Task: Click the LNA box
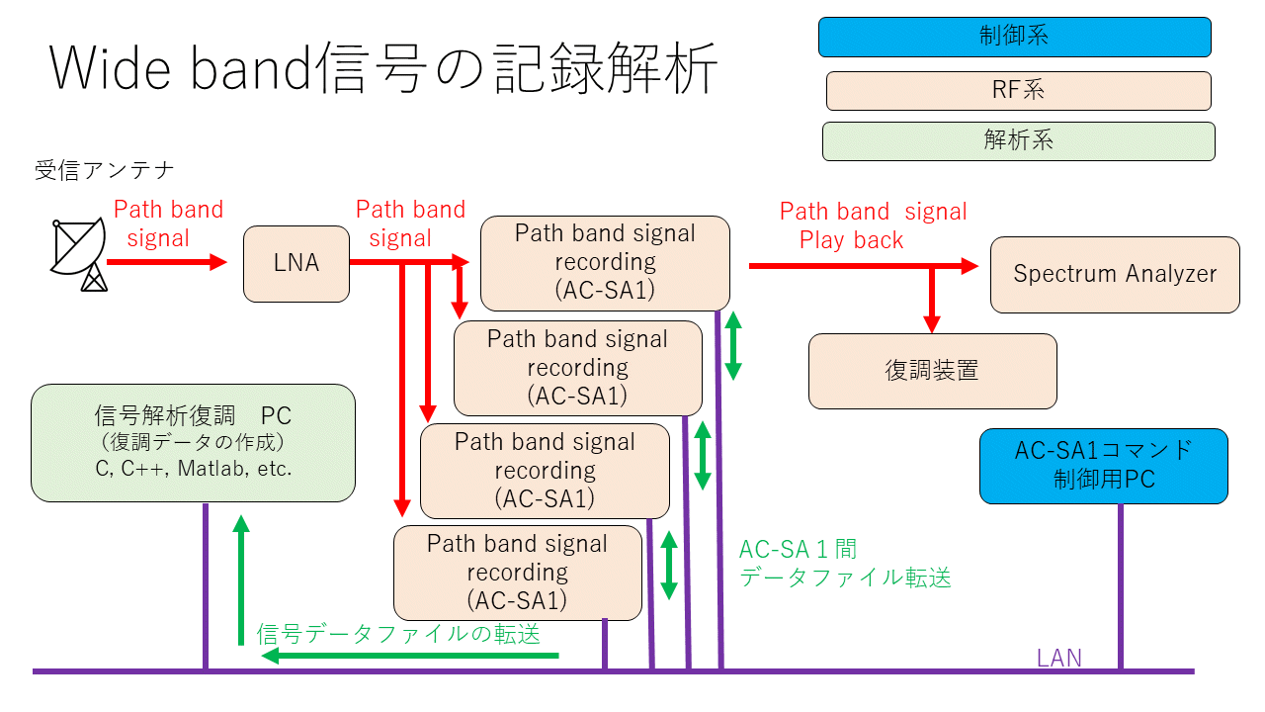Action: point(296,264)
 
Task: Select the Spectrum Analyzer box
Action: point(1115,275)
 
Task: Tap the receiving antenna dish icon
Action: point(79,254)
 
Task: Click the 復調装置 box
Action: point(932,371)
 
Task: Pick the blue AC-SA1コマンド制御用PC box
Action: point(1103,466)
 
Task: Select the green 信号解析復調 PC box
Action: point(193,442)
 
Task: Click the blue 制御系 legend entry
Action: point(1014,37)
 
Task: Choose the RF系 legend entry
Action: point(1018,91)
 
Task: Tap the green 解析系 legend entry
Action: point(1018,140)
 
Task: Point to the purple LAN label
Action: point(1058,658)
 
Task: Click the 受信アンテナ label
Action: point(105,170)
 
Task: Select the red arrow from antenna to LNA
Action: point(166,262)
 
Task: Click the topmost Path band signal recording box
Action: point(605,262)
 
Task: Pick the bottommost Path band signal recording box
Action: point(517,573)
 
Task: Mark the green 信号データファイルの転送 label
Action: point(398,634)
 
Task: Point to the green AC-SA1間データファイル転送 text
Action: point(845,564)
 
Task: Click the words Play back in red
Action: point(851,240)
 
